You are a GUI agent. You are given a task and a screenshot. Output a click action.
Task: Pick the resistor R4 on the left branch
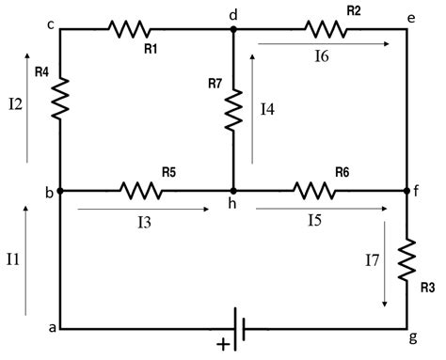click(60, 98)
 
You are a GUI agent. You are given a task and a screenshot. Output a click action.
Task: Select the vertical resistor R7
click(232, 109)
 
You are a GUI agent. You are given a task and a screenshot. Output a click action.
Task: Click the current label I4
click(267, 110)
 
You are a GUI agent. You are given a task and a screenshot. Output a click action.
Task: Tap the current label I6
click(322, 57)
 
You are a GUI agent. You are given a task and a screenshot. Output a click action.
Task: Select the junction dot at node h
click(232, 190)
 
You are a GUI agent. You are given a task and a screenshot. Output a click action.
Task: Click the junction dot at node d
click(232, 29)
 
